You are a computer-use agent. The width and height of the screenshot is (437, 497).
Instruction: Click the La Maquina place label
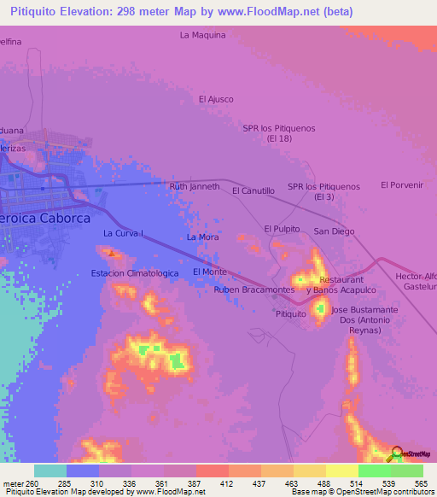[x=202, y=35]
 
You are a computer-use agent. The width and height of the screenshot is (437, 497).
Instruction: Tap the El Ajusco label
[x=216, y=99]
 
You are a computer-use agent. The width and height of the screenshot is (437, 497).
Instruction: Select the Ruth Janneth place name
[x=195, y=186]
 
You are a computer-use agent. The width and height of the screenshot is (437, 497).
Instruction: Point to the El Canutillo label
[x=253, y=191]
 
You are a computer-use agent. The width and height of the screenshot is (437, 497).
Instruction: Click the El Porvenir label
[x=402, y=184]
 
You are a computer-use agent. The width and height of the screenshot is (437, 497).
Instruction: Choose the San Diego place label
[x=334, y=231]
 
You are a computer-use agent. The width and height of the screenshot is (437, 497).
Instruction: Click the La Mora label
[x=202, y=237]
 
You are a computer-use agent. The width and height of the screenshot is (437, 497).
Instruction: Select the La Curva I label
[x=123, y=233]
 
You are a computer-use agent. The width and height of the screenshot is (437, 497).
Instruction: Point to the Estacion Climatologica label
[x=135, y=273]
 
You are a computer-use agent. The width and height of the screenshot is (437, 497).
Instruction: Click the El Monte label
[x=210, y=272]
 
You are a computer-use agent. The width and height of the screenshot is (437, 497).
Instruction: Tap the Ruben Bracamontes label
[x=254, y=289]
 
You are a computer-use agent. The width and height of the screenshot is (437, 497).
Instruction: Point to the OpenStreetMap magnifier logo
[x=397, y=453]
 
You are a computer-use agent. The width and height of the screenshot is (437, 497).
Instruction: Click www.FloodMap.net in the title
[x=280, y=12]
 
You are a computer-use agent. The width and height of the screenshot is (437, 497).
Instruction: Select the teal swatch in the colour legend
[x=50, y=471]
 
